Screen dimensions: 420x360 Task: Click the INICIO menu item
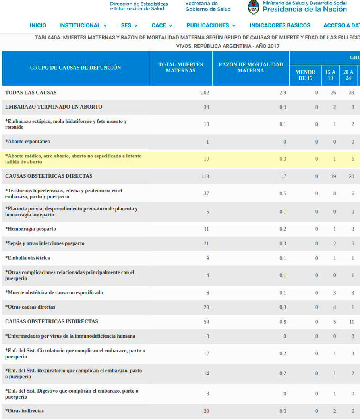coord(38,25)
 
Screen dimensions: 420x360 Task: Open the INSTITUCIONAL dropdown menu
coord(83,25)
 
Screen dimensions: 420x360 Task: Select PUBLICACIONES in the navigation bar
coord(211,25)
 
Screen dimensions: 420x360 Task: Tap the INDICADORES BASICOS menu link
coord(280,25)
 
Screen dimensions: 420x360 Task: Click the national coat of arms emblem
coord(254,7)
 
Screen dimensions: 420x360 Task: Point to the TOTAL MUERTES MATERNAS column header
coord(180,68)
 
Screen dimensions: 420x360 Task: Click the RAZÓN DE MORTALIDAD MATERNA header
coord(251,68)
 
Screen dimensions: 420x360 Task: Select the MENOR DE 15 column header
coord(305,75)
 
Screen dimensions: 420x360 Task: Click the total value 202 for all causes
coord(205,93)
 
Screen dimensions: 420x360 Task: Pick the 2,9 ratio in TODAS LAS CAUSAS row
coord(283,93)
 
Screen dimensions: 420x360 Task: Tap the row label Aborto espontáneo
coord(27,142)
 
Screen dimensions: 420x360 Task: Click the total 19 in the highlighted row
coord(206,159)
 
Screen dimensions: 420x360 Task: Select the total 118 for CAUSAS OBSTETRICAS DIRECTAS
coord(205,176)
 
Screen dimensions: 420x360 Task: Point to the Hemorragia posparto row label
coord(31,229)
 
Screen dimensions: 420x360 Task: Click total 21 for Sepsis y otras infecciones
coord(206,243)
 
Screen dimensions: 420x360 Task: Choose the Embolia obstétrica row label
coord(27,258)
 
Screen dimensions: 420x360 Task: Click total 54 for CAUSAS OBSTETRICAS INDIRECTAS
coord(206,322)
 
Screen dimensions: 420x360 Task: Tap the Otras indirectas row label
coord(24,411)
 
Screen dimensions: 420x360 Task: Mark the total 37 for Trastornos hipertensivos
coord(206,194)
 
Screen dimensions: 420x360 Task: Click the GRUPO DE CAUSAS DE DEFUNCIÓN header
coord(75,68)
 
